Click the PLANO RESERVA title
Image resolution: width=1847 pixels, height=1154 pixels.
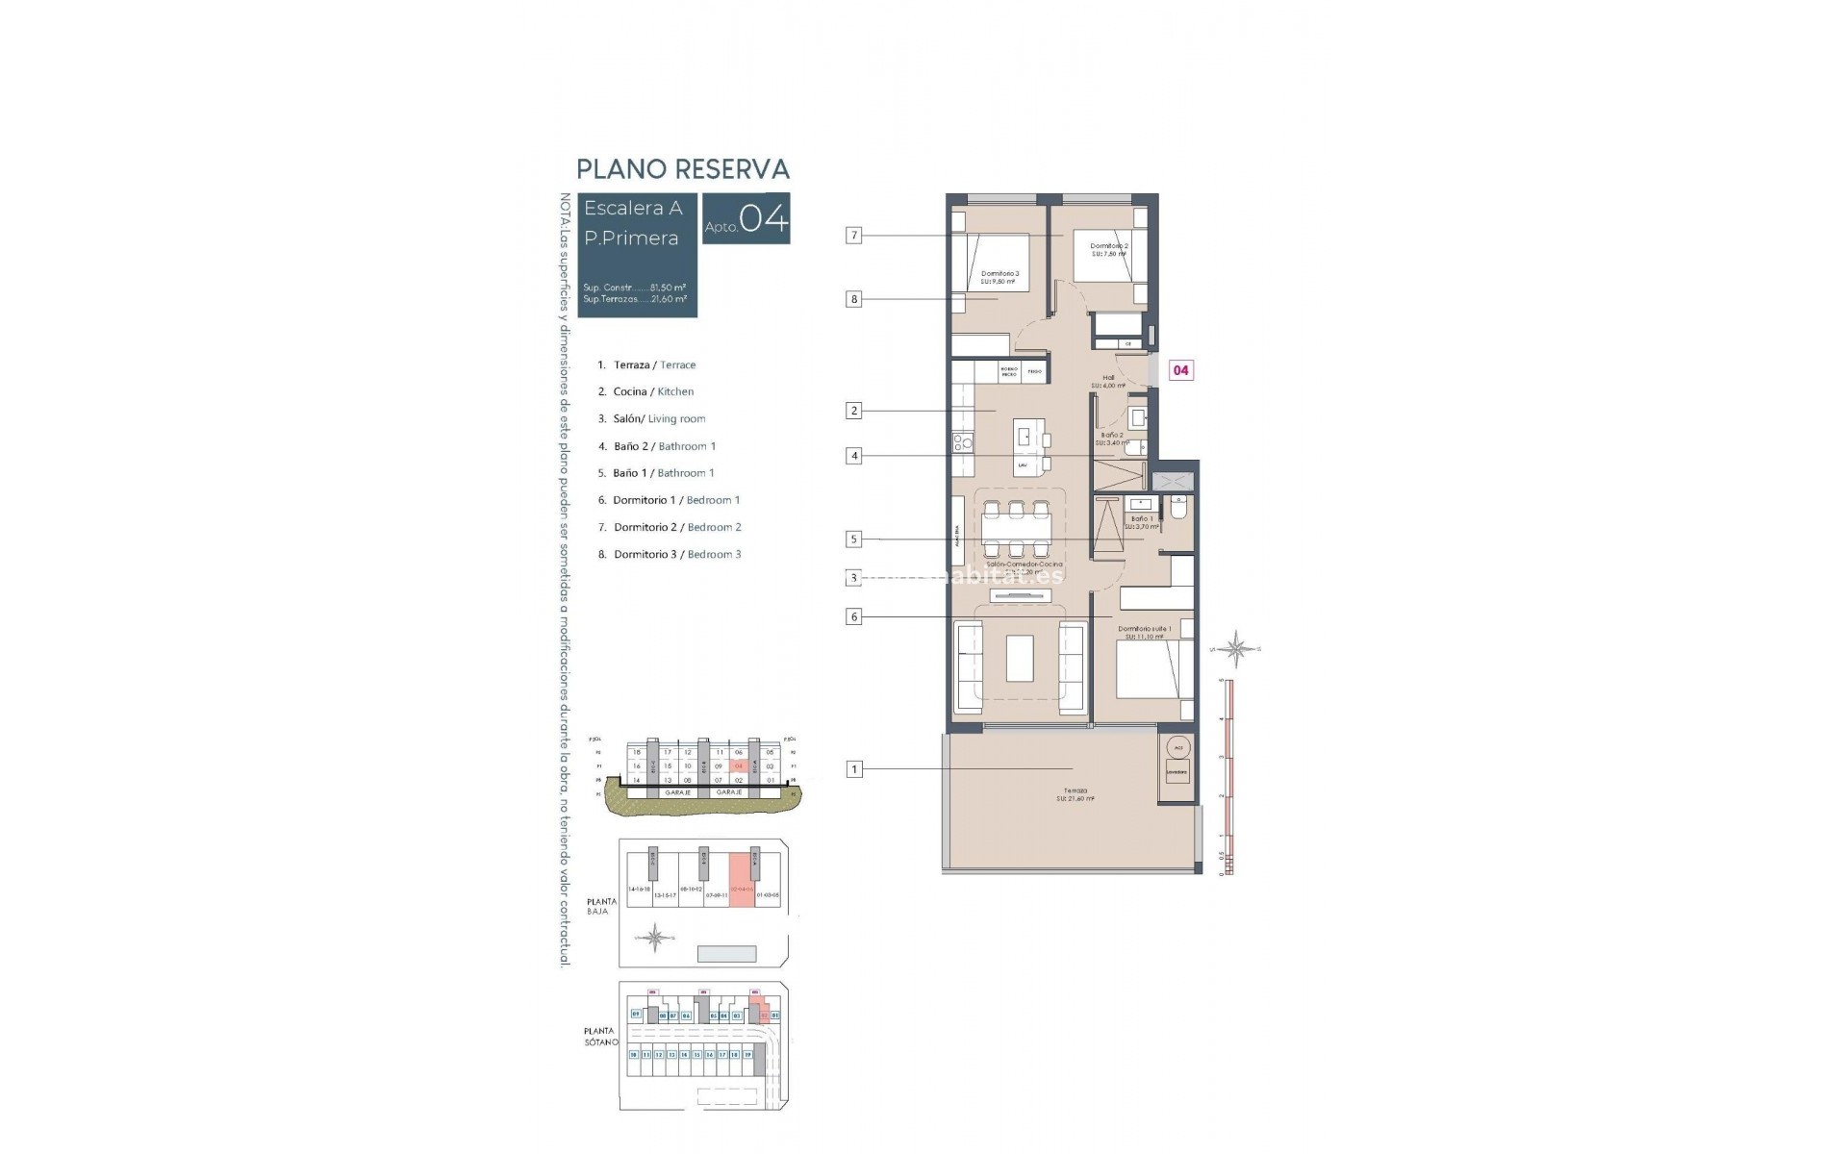coord(683,169)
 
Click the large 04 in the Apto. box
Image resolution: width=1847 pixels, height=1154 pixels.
coord(765,219)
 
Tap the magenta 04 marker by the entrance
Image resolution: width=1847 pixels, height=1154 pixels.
coord(1180,370)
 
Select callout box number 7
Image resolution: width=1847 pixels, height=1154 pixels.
coord(853,235)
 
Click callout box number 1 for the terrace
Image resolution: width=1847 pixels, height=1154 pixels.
coord(853,769)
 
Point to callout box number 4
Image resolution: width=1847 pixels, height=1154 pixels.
coord(853,456)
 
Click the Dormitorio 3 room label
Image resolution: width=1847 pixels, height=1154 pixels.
coord(999,278)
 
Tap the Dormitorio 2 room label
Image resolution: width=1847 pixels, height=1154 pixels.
coord(1108,250)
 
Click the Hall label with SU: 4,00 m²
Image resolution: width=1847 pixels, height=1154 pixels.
coord(1108,382)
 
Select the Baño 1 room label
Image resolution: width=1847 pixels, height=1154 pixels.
coord(1142,522)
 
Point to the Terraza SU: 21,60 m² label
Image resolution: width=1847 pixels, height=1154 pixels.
coord(1075,794)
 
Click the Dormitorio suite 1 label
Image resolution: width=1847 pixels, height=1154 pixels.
coord(1145,632)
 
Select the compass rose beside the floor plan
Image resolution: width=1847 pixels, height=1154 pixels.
coord(1237,650)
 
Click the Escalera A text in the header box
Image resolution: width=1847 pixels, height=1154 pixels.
coord(633,208)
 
